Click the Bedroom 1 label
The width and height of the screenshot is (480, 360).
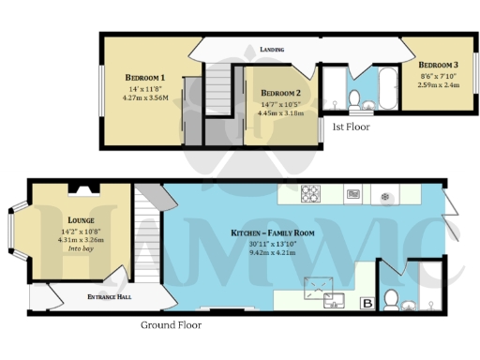[x=145, y=77]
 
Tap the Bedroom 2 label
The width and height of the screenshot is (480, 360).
[x=280, y=93]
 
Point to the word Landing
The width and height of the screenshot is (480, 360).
[x=273, y=49]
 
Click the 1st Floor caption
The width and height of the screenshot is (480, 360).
[x=351, y=125]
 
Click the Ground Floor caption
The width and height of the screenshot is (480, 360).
[x=171, y=325]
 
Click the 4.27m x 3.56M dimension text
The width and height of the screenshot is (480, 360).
[x=145, y=97]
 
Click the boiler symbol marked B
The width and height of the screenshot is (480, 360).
[x=367, y=302]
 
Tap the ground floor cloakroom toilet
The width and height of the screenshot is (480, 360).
[x=395, y=301]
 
